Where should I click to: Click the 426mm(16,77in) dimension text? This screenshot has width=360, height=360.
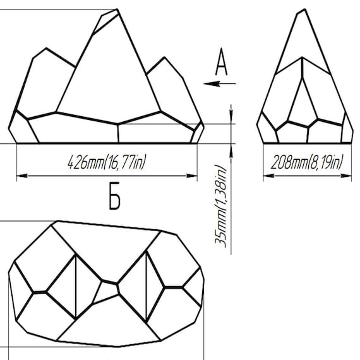[107, 162]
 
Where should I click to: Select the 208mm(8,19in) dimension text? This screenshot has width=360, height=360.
[307, 162]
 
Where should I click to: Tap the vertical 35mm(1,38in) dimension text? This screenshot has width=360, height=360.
[220, 206]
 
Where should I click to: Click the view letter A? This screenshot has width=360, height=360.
[221, 61]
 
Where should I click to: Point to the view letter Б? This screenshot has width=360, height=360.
[114, 196]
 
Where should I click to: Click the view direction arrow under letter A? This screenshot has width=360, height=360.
[220, 83]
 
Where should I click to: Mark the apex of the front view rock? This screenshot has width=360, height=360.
[117, 9]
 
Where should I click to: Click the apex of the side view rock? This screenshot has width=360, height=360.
[304, 9]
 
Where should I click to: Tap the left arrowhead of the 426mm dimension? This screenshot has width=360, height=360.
[22, 176]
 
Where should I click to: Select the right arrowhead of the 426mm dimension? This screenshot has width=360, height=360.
[192, 176]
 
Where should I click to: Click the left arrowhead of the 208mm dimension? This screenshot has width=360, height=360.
[268, 176]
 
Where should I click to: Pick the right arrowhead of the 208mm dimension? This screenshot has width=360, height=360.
[346, 176]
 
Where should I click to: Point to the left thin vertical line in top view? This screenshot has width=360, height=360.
[76, 287]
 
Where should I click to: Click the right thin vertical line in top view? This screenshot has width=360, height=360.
[146, 287]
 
